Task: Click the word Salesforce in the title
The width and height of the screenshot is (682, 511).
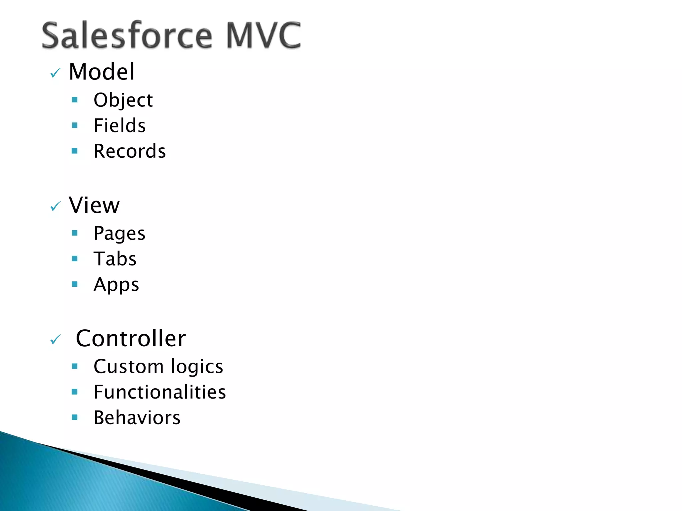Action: [x=127, y=35]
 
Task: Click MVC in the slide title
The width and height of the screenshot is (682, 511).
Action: [x=263, y=35]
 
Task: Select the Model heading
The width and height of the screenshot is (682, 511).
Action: [x=102, y=72]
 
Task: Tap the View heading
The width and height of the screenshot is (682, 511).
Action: [x=94, y=205]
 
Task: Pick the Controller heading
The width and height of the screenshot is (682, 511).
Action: [x=131, y=338]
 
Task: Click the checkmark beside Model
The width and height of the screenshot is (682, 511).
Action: [x=55, y=73]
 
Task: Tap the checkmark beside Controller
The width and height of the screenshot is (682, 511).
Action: [x=55, y=340]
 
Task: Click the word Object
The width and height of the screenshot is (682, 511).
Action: [x=123, y=100]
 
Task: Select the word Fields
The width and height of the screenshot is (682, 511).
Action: [x=120, y=126]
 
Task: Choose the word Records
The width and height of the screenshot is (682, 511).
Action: [x=130, y=151]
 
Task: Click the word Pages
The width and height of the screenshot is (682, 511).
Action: [x=120, y=234]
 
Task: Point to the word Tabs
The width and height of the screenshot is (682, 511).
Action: [x=115, y=259]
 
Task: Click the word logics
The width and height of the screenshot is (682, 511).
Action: [x=197, y=367]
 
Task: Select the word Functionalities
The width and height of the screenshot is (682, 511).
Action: [x=160, y=392]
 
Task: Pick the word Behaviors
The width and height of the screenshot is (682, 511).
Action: [x=137, y=418]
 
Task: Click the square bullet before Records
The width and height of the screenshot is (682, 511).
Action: [x=75, y=151]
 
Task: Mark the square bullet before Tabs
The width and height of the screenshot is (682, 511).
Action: [x=75, y=258]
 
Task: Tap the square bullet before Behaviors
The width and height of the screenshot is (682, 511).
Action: [x=75, y=417]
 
